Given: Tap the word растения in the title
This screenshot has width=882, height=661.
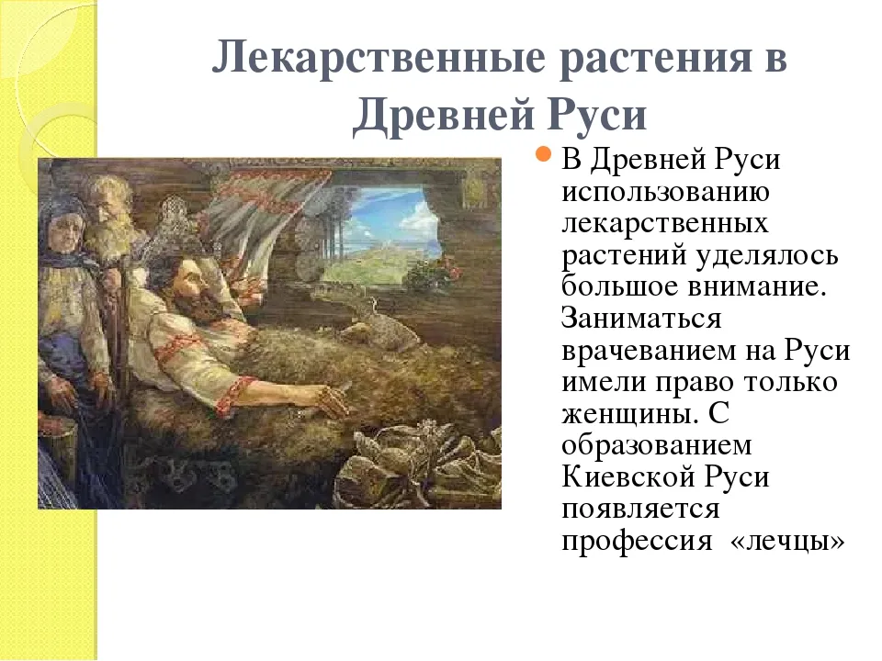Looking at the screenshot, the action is pyautogui.click(x=656, y=59).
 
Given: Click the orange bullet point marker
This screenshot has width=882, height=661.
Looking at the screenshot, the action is pyautogui.click(x=543, y=153).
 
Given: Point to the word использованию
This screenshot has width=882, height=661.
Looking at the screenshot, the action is pyautogui.click(x=665, y=192).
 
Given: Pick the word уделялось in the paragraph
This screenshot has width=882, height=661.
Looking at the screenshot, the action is pyautogui.click(x=767, y=256).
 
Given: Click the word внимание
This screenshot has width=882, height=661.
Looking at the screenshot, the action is pyautogui.click(x=757, y=286).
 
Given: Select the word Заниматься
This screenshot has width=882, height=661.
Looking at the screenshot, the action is pyautogui.click(x=641, y=319).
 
